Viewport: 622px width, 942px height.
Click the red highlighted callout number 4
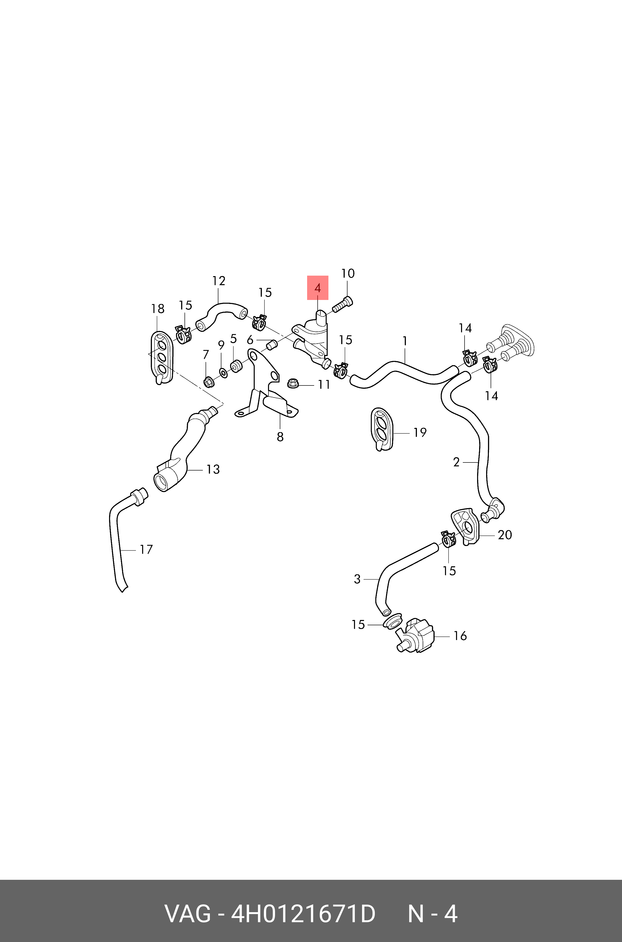[x=317, y=288]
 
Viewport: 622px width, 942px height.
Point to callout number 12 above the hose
[x=219, y=281]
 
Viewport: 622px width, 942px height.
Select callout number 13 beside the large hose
[x=213, y=469]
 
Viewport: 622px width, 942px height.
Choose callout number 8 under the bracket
[x=280, y=437]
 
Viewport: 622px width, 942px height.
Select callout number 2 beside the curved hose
[x=456, y=462]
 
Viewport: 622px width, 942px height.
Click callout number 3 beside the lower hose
[x=357, y=579]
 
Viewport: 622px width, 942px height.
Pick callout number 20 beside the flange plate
[x=505, y=535]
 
